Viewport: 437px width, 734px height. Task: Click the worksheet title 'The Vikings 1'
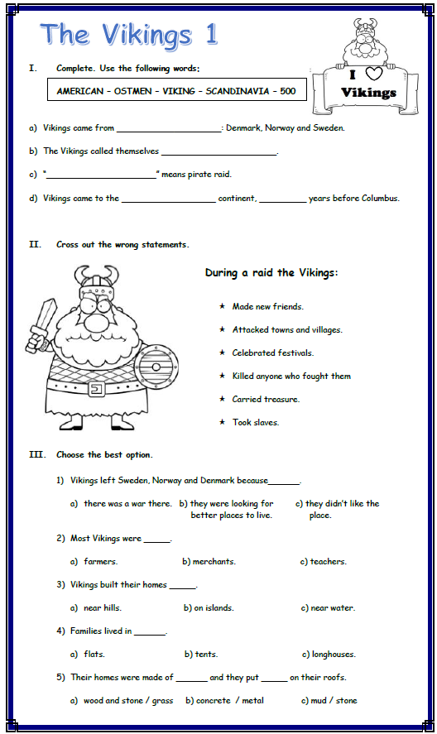(x=129, y=35)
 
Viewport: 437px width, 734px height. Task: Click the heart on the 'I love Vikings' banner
(x=373, y=75)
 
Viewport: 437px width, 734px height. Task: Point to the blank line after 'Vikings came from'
(x=169, y=129)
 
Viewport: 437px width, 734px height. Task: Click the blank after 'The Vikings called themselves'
(x=218, y=152)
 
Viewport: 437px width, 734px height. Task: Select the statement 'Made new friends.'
(x=267, y=307)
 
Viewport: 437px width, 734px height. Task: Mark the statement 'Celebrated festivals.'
(x=272, y=353)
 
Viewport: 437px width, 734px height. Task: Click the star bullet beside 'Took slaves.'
(x=222, y=423)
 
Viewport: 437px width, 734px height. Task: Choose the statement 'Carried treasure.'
(x=266, y=400)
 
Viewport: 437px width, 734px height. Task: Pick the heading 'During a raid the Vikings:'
(x=271, y=273)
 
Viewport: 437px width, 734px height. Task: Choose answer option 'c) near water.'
(x=328, y=608)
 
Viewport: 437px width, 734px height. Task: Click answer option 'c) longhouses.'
(x=329, y=655)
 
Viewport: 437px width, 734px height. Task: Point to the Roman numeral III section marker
(x=36, y=455)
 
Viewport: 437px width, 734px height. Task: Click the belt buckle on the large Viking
(x=95, y=388)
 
